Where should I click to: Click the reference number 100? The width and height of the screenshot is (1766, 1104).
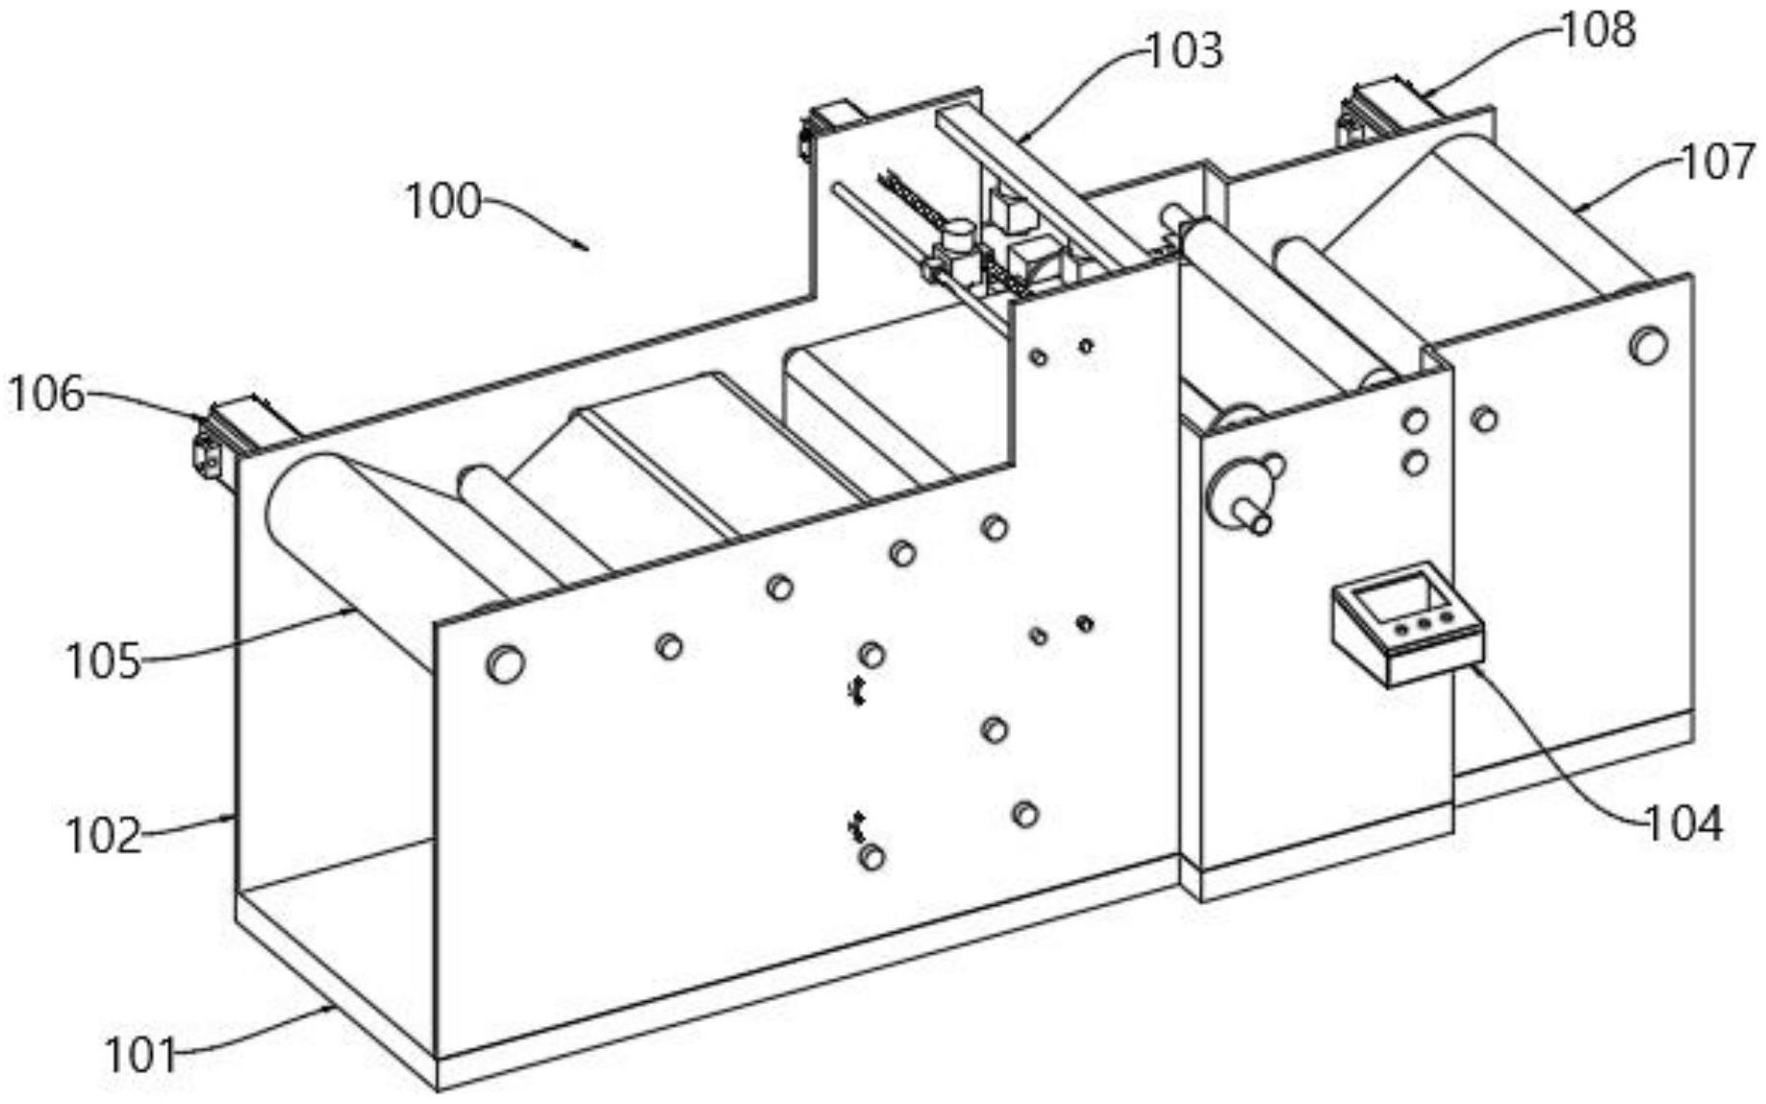pyautogui.click(x=442, y=202)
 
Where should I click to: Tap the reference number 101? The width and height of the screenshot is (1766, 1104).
pyautogui.click(x=140, y=1056)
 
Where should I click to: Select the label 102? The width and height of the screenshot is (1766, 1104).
pyautogui.click(x=103, y=836)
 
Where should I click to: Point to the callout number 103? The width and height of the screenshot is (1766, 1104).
pyautogui.click(x=1185, y=51)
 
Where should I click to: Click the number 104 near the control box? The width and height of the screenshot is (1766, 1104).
pyautogui.click(x=1684, y=824)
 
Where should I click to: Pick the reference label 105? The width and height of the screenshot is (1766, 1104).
pyautogui.click(x=103, y=663)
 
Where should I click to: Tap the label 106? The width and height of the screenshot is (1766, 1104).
pyautogui.click(x=46, y=394)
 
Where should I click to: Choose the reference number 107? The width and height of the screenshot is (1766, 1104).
pyautogui.click(x=1718, y=162)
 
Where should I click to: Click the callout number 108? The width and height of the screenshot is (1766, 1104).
pyautogui.click(x=1598, y=30)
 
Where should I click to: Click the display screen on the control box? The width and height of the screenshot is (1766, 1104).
pyautogui.click(x=1400, y=597)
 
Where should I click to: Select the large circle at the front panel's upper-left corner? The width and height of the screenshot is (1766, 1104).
pyautogui.click(x=505, y=663)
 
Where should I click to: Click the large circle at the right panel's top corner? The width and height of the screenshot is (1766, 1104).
pyautogui.click(x=1648, y=345)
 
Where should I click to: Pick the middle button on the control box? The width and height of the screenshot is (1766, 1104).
pyautogui.click(x=1422, y=623)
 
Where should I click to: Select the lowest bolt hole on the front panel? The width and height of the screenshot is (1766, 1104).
pyautogui.click(x=871, y=856)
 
